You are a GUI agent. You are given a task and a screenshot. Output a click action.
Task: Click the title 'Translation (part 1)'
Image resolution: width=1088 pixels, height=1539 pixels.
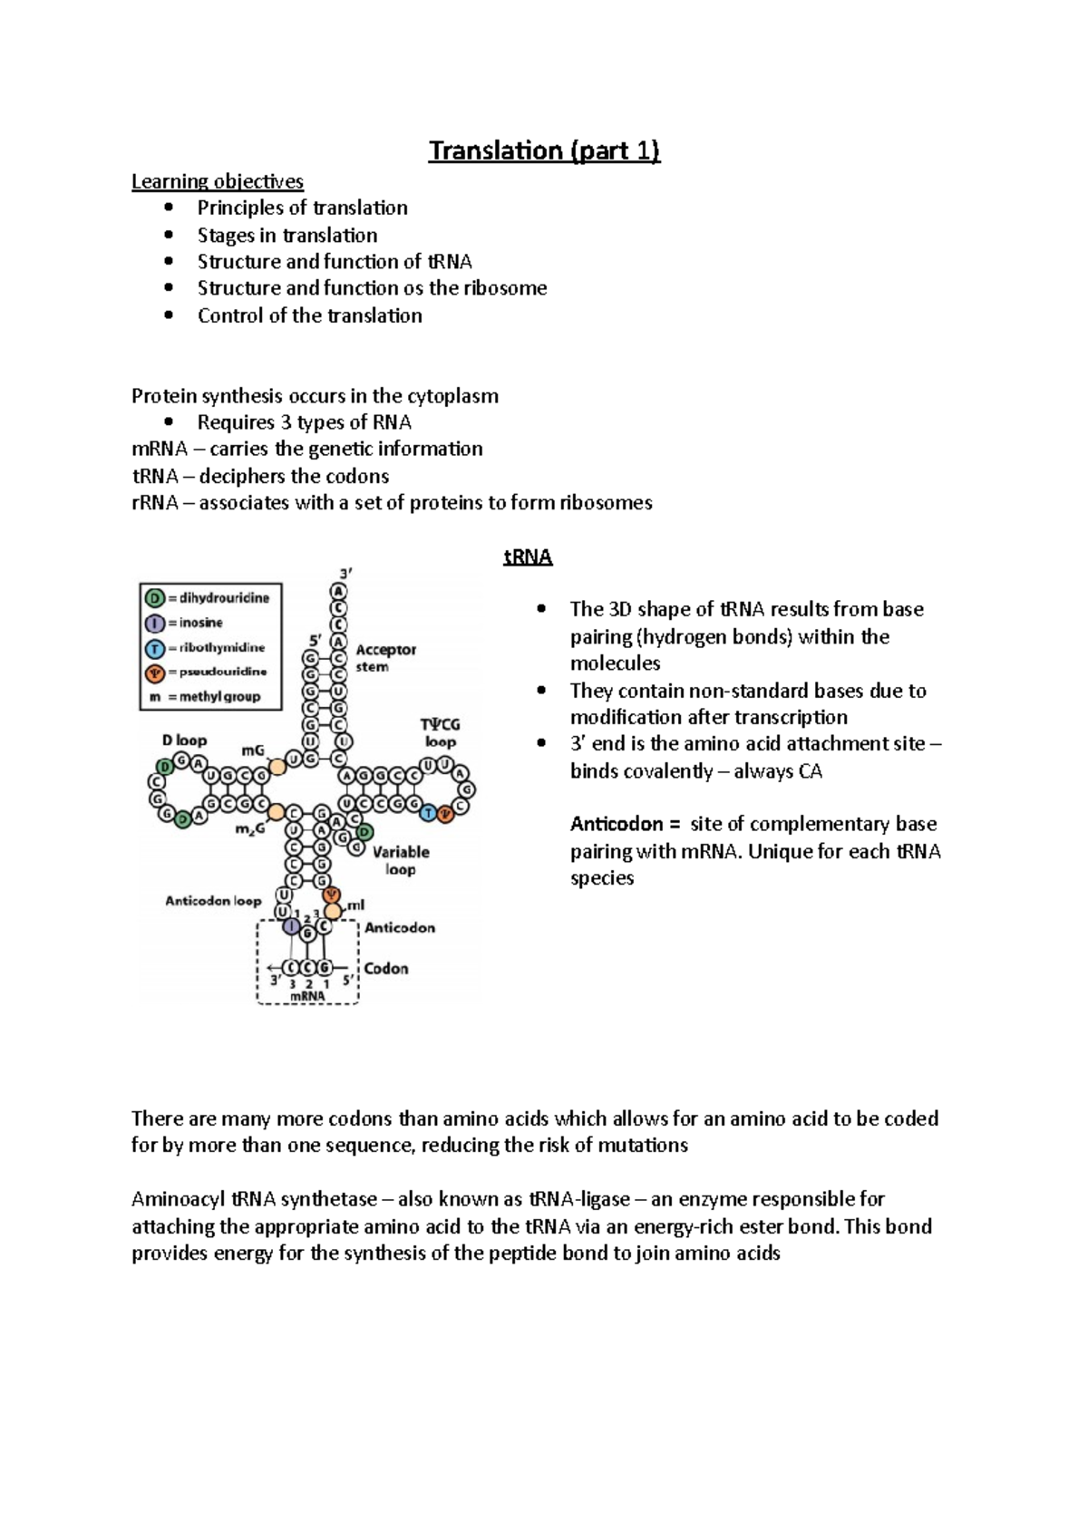pyautogui.click(x=544, y=150)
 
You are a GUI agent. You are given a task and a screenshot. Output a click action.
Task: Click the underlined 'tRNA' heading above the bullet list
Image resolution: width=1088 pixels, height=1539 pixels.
pyautogui.click(x=528, y=557)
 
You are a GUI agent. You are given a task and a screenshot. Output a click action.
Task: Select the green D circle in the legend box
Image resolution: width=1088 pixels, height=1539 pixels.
pyautogui.click(x=154, y=598)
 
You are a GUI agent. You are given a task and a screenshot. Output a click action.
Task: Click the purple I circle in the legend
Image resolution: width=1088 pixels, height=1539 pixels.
pyautogui.click(x=154, y=623)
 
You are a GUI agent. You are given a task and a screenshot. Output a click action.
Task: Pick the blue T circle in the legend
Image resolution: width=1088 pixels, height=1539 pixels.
pyautogui.click(x=154, y=648)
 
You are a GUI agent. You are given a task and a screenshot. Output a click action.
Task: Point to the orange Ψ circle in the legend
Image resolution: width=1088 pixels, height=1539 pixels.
pyautogui.click(x=154, y=673)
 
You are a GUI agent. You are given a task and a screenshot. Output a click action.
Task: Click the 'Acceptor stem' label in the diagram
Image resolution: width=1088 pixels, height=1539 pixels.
pyautogui.click(x=385, y=658)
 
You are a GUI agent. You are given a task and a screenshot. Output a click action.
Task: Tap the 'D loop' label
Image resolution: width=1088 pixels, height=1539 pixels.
pyautogui.click(x=184, y=740)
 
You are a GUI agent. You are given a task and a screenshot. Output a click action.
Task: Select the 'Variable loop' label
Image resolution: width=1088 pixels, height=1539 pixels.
pyautogui.click(x=400, y=860)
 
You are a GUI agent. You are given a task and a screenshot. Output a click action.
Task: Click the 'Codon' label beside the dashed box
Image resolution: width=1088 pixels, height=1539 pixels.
pyautogui.click(x=386, y=968)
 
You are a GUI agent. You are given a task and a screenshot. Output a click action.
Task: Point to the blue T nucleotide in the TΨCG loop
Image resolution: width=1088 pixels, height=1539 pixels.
pyautogui.click(x=429, y=813)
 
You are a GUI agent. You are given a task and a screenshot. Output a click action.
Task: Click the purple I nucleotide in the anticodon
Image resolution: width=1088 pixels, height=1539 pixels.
pyautogui.click(x=291, y=926)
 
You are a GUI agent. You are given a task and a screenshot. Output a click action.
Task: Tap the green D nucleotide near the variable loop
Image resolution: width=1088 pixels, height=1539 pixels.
pyautogui.click(x=364, y=832)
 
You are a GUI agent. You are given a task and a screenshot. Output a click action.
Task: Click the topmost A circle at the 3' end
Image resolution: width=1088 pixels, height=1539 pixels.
pyautogui.click(x=338, y=591)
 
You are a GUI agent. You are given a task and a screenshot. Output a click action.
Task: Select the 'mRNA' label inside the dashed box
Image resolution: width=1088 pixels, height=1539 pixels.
pyautogui.click(x=307, y=996)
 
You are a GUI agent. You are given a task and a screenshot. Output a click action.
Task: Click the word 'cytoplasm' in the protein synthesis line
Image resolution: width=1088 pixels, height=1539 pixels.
pyautogui.click(x=452, y=396)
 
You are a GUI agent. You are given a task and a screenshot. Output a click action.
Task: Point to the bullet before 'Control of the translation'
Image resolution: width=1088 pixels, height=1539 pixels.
pyautogui.click(x=169, y=315)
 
